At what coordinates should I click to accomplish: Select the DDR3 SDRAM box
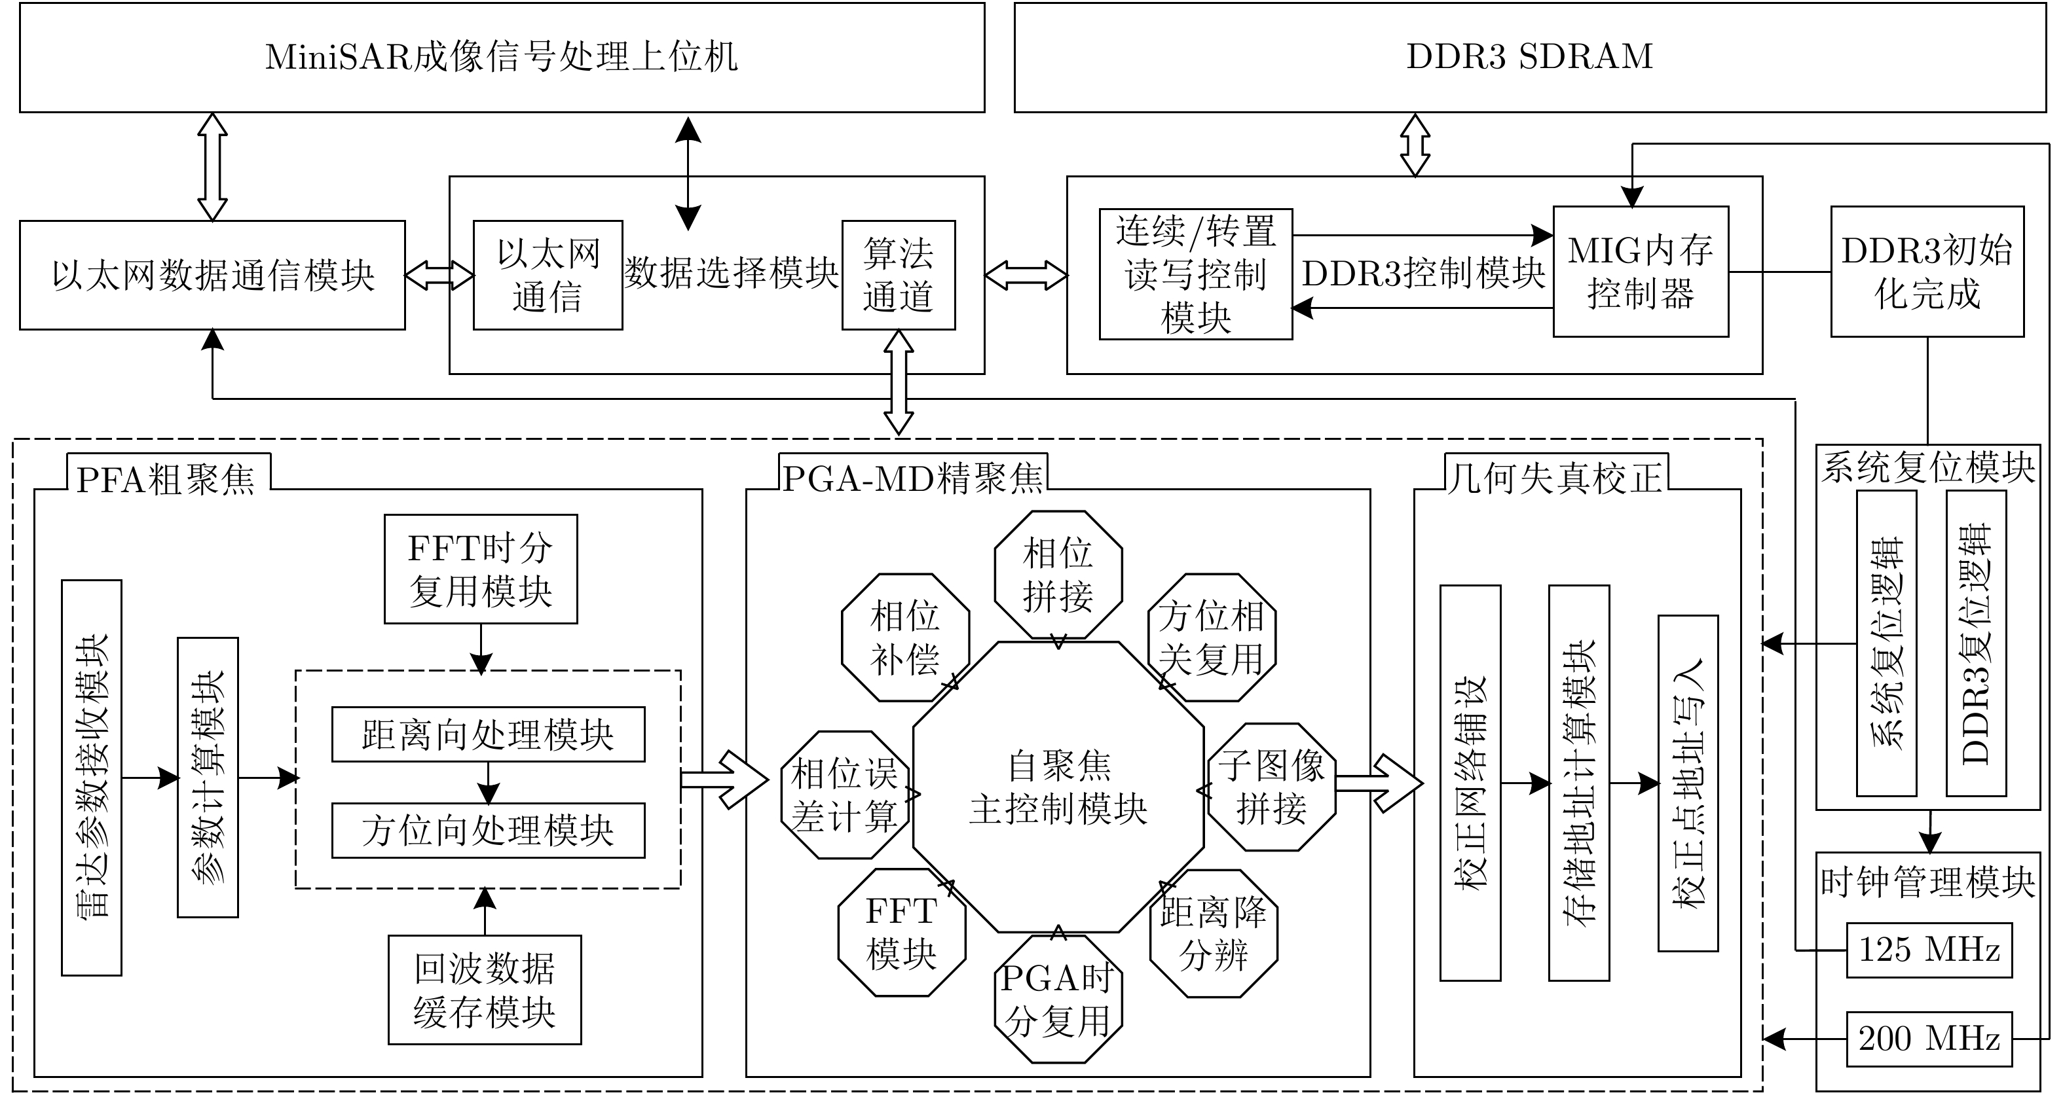click(1530, 58)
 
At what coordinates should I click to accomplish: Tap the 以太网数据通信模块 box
click(212, 274)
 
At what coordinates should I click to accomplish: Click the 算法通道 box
click(899, 274)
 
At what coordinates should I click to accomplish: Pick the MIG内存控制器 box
click(1640, 272)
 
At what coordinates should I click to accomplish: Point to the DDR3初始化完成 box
click(1927, 272)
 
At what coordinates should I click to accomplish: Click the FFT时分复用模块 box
click(481, 569)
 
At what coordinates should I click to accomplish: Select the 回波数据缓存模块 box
click(485, 990)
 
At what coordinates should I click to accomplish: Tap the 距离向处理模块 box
click(488, 734)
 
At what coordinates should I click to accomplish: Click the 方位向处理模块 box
click(488, 830)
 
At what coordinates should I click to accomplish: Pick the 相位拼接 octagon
click(1058, 575)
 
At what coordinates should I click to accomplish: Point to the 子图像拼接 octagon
click(1272, 787)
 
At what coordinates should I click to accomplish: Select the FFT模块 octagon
click(902, 933)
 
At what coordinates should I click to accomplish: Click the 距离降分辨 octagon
click(1214, 933)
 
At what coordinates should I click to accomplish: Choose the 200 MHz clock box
click(1929, 1039)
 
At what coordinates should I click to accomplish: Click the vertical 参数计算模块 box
click(208, 776)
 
